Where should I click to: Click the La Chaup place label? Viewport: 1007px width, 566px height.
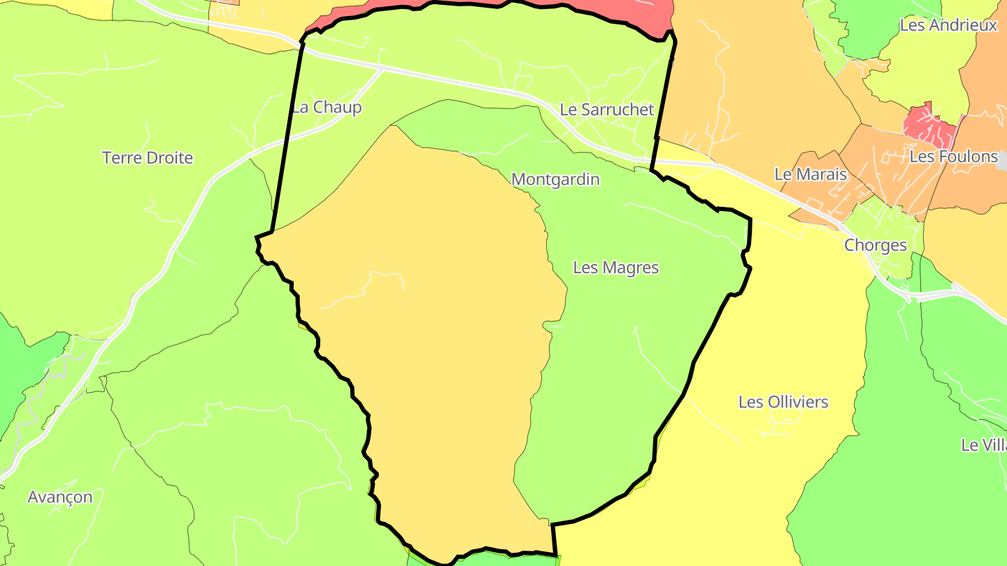(x=327, y=108)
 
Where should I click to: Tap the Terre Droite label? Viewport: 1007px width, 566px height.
(x=148, y=158)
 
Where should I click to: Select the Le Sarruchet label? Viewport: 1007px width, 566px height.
(x=606, y=110)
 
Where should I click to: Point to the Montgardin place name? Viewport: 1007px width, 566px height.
(x=555, y=180)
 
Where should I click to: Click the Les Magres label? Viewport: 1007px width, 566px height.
(x=615, y=268)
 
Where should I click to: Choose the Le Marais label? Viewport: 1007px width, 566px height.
(x=810, y=175)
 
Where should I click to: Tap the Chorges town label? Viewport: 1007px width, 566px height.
(x=875, y=245)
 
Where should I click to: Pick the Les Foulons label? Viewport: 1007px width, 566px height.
(x=953, y=157)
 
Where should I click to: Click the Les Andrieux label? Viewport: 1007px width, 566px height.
(x=948, y=25)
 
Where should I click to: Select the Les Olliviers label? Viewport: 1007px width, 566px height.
(x=783, y=402)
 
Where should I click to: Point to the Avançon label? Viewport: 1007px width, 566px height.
(x=59, y=497)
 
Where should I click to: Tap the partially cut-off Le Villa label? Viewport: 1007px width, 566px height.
(x=983, y=444)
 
